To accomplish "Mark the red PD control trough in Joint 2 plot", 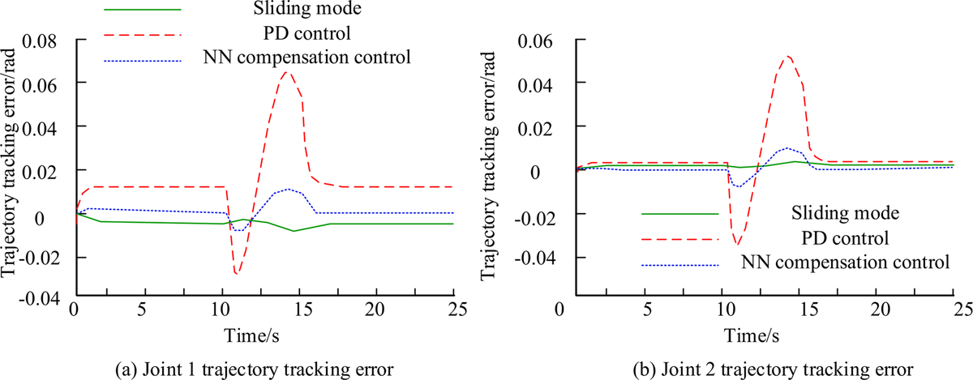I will (737, 243).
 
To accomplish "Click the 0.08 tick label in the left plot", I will (44, 39).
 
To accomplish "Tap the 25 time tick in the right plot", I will (960, 309).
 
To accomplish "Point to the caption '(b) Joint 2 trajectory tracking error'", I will (760, 368).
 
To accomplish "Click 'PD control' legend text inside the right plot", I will (839, 238).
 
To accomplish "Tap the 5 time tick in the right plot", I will (647, 309).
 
